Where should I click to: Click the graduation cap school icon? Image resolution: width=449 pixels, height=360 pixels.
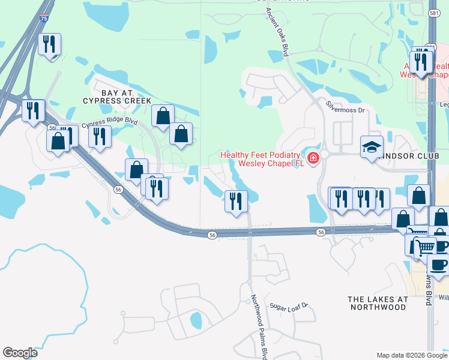tap(372, 146)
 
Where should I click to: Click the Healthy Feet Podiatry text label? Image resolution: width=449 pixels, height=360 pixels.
tap(262, 158)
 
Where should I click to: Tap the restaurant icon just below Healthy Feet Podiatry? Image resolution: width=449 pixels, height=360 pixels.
tap(236, 200)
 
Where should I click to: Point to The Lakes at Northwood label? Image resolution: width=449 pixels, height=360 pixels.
tap(377, 302)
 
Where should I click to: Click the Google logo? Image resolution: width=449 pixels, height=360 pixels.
tap(20, 353)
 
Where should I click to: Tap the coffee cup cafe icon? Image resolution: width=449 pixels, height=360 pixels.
tap(438, 265)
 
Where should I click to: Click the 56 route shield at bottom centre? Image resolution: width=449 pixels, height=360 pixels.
tap(212, 236)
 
